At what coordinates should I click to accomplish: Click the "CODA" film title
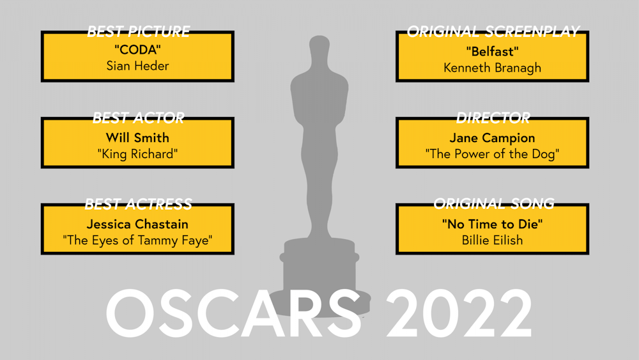138,50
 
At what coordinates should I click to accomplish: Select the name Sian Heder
138,66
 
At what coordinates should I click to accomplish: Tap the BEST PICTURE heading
139,31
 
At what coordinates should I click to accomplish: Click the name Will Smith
138,138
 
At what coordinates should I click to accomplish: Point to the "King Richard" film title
138,154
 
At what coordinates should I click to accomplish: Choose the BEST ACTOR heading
139,118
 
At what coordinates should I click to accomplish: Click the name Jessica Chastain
138,224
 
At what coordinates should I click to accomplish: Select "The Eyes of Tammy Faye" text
138,240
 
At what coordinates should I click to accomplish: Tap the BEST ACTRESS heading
139,204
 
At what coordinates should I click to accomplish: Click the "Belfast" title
492,52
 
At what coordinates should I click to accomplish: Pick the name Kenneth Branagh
492,68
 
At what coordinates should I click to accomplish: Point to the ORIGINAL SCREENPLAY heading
493,31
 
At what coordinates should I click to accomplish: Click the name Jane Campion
492,138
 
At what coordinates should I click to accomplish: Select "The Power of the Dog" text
492,154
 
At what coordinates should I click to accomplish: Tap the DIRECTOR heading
493,118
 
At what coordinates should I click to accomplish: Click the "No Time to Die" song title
492,224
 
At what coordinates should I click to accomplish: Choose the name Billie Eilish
492,240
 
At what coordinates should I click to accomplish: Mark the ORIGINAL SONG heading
494,203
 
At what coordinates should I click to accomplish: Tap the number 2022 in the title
459,313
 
